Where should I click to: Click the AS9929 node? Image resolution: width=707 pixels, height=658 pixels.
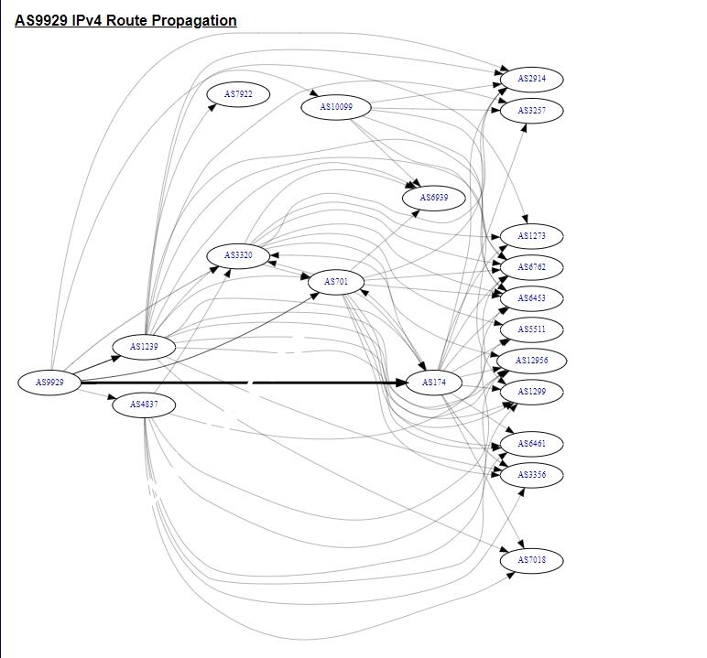tap(49, 383)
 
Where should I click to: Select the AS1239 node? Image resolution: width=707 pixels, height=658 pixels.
tap(144, 347)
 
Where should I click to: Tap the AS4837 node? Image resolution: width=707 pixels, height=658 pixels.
tap(144, 405)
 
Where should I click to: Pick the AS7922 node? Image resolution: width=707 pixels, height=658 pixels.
tap(238, 94)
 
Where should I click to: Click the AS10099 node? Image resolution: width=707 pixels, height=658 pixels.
tap(336, 107)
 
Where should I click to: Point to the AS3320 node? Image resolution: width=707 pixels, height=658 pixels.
tap(238, 255)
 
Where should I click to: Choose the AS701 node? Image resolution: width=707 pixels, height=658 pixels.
tap(336, 282)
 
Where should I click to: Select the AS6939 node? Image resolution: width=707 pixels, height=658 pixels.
tap(434, 198)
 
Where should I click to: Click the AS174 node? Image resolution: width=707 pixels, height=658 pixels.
tap(434, 383)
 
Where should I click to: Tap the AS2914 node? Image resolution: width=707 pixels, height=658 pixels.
tap(531, 80)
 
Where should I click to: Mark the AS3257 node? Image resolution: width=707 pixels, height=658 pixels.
tap(531, 111)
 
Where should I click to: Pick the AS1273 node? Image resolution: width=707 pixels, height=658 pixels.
tap(531, 236)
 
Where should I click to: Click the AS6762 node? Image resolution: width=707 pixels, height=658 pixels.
tap(531, 267)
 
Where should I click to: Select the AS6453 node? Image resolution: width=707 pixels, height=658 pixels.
tap(531, 298)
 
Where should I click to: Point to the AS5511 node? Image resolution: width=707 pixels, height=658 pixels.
tap(531, 329)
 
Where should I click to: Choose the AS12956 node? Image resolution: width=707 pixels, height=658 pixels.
tap(531, 361)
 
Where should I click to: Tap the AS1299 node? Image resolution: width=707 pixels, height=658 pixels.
tap(531, 392)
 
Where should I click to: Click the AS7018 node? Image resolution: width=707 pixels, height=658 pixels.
tap(531, 560)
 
